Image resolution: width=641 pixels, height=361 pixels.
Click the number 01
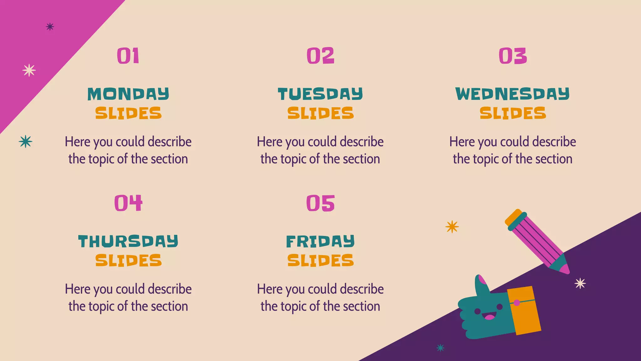[128, 56]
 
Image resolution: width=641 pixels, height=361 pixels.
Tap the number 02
[320, 56]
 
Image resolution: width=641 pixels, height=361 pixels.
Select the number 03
[513, 56]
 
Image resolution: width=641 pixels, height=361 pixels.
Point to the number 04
[128, 203]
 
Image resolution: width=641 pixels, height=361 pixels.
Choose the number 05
[320, 203]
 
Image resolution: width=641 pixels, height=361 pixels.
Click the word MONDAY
[128, 94]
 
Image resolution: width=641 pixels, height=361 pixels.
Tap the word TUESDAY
[320, 94]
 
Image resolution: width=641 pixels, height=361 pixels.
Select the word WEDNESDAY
[513, 94]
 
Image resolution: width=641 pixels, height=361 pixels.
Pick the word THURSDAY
[128, 241]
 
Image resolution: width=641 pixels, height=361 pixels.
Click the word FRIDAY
[320, 241]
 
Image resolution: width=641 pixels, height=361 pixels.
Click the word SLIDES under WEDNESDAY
[513, 113]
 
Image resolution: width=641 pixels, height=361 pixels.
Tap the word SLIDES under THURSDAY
[128, 260]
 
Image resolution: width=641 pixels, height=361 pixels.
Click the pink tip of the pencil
[565, 269]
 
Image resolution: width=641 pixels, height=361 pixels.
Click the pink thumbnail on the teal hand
[482, 280]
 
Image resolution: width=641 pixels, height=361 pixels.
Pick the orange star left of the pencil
[452, 227]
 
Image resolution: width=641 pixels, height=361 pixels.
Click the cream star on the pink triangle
[29, 70]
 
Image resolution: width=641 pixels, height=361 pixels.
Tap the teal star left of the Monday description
[25, 141]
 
